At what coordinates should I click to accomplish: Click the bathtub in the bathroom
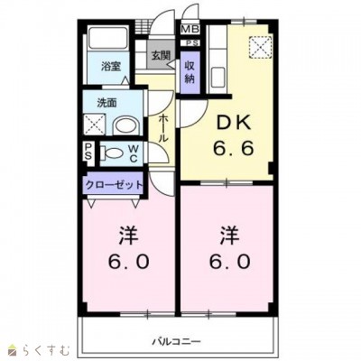(x=110, y=42)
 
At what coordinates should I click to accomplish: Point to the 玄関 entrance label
(x=160, y=55)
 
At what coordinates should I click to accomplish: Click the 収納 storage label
(x=190, y=71)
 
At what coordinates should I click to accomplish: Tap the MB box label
(x=190, y=30)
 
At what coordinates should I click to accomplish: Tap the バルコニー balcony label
(x=175, y=339)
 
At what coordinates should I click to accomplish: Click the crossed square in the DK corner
(x=261, y=45)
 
